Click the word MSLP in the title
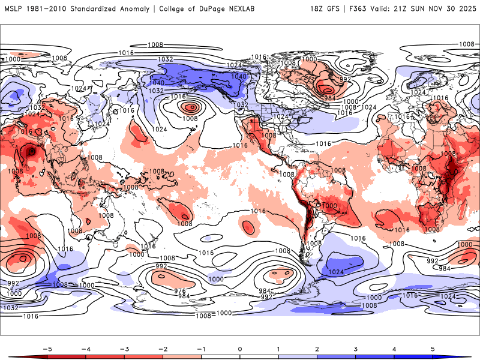click(x=13, y=9)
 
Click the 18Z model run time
click(x=320, y=9)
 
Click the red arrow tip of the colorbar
click(x=12, y=356)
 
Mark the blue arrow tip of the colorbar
click(x=468, y=356)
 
